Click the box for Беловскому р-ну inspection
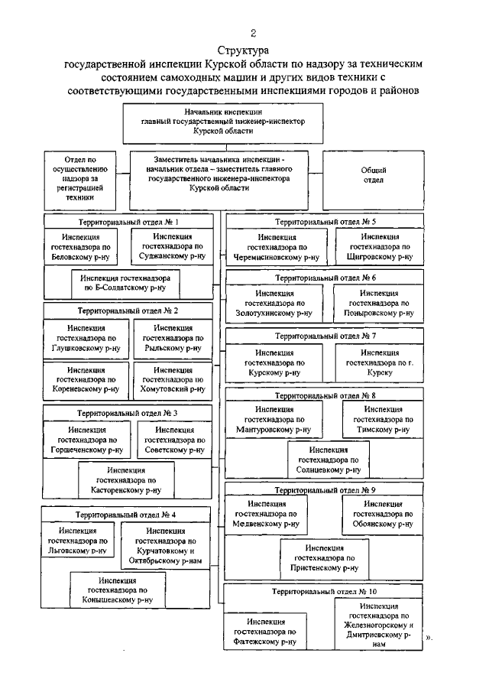[x=86, y=248]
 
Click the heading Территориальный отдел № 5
[x=325, y=221]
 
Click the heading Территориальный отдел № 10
[x=324, y=592]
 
